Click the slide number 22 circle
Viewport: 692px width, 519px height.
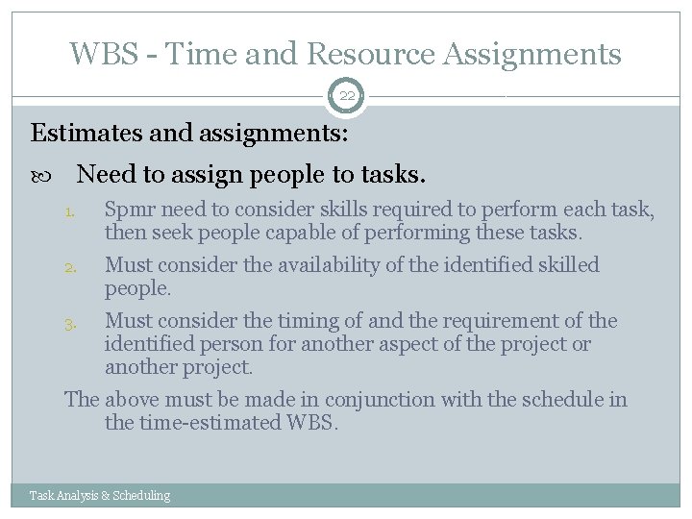(346, 96)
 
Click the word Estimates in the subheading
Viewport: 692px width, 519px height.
(80, 132)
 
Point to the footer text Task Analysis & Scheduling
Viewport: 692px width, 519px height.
(100, 496)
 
